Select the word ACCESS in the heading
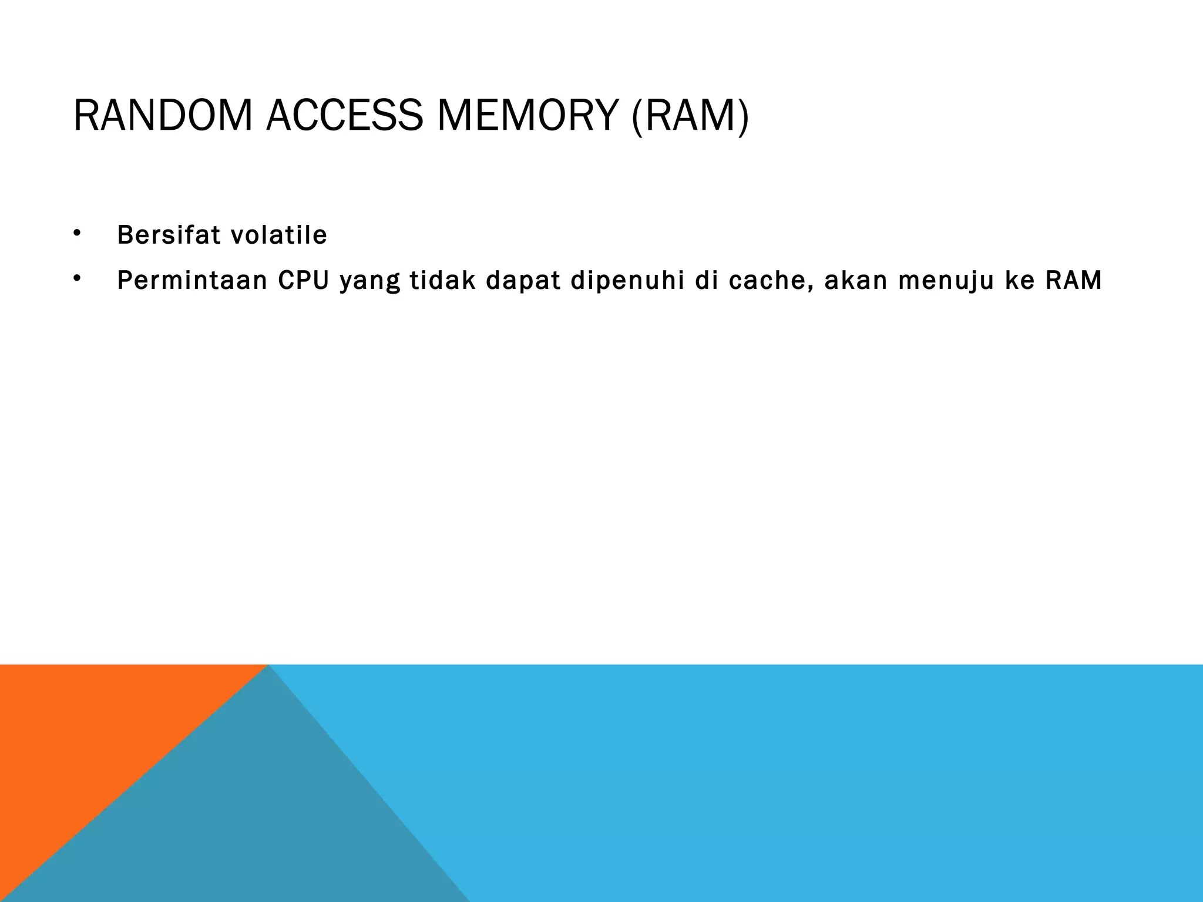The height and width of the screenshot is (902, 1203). [x=344, y=116]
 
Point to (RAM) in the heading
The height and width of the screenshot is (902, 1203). [x=690, y=116]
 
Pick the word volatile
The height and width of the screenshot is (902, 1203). [x=278, y=235]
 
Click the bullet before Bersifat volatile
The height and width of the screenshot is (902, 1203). [x=76, y=233]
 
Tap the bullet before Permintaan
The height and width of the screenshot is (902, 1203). [x=76, y=279]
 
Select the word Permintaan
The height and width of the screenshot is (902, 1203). [x=192, y=281]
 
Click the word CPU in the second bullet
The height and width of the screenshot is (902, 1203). [x=303, y=281]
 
